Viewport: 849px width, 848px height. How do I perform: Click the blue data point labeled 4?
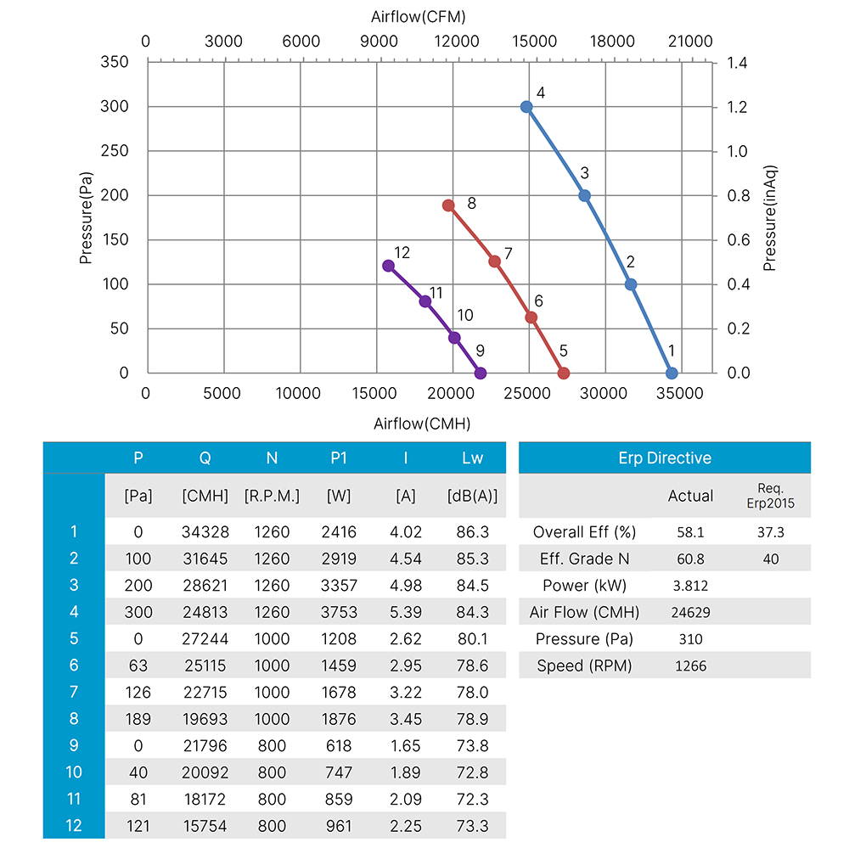click(x=526, y=107)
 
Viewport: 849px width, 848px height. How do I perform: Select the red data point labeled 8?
click(x=448, y=205)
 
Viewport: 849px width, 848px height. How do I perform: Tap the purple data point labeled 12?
click(x=389, y=266)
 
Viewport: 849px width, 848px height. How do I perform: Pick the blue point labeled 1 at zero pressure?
click(x=672, y=373)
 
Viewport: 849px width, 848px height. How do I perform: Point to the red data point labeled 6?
click(x=531, y=317)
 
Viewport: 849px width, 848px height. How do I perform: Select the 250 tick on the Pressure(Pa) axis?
click(x=115, y=151)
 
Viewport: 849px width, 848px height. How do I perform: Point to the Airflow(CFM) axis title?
click(x=418, y=16)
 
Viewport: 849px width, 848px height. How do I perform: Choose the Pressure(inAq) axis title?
click(x=770, y=218)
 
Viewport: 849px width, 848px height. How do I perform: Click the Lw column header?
click(x=472, y=458)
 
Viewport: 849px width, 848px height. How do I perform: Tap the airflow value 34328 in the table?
click(x=205, y=532)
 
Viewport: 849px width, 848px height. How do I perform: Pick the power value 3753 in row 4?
click(x=339, y=612)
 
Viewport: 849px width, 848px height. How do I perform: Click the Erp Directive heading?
click(x=665, y=458)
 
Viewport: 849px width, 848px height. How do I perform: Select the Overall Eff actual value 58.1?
click(x=690, y=532)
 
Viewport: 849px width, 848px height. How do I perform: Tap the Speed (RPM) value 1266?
click(x=690, y=666)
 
